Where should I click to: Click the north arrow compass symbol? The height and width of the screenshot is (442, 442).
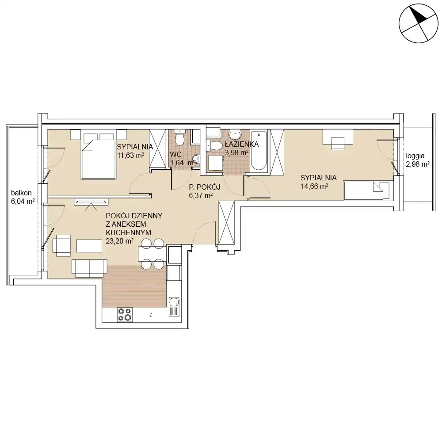419,23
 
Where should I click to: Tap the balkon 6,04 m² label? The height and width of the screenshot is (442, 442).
23,197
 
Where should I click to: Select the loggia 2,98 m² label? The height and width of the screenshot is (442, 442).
418,160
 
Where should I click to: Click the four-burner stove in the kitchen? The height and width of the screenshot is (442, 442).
125,314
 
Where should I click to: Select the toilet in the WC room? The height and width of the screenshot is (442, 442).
179,137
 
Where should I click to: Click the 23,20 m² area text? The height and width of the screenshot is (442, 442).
119,241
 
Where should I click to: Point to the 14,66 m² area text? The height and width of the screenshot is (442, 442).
314,187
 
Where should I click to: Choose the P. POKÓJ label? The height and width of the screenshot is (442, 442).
204,187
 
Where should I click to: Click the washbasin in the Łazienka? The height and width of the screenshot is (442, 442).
235,134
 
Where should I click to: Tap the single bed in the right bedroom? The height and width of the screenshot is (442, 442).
366,191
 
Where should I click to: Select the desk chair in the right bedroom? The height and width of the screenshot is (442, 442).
338,144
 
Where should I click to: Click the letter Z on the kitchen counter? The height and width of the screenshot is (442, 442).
151,315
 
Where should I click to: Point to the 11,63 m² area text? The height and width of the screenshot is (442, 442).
130,155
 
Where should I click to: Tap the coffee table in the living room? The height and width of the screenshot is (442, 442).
89,246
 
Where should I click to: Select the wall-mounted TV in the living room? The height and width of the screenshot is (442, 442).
91,202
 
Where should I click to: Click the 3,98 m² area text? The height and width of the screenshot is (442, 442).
236,152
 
